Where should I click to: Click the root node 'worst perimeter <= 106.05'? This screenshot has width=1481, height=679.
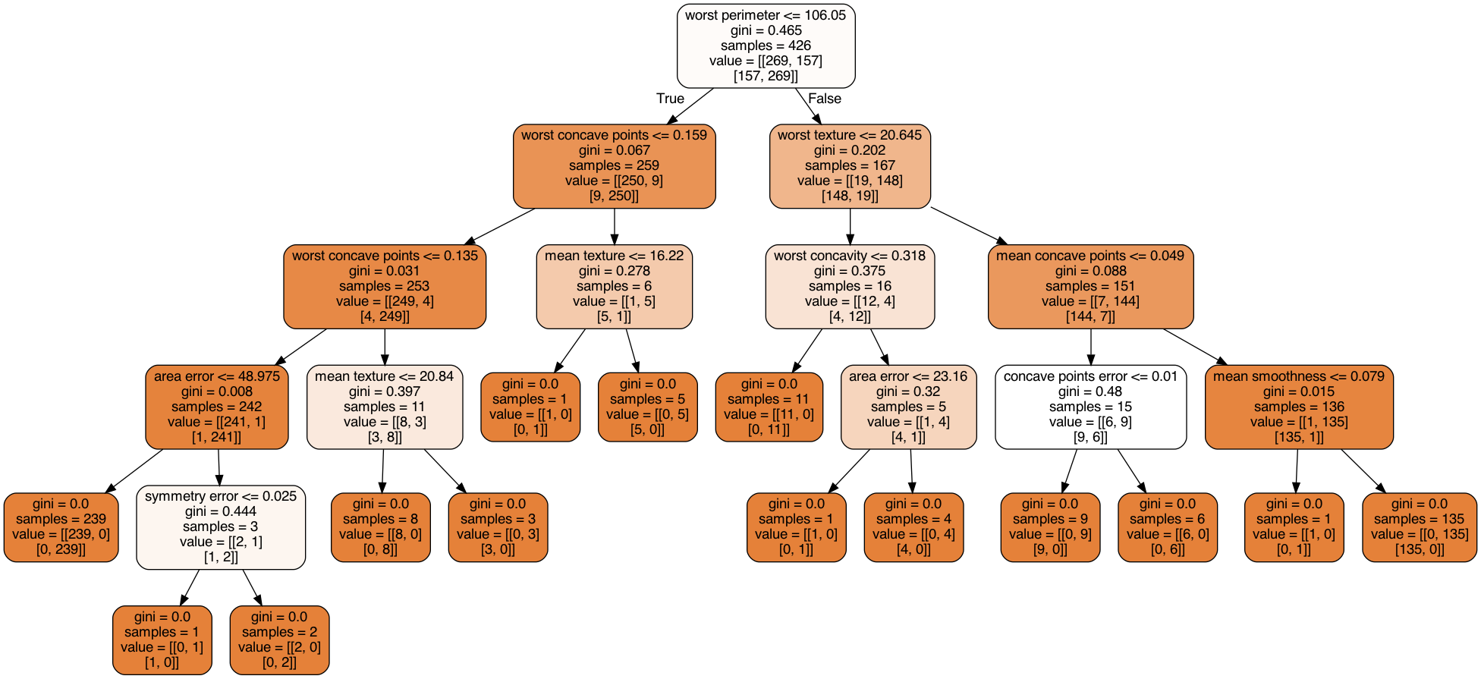(766, 46)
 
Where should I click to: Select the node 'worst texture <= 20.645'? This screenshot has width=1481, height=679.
(850, 165)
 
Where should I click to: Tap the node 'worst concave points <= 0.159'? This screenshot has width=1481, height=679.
(614, 165)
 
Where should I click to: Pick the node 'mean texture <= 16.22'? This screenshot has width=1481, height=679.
(614, 286)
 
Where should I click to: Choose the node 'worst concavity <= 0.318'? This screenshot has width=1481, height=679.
(850, 286)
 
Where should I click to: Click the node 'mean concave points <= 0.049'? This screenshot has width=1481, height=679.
(1090, 286)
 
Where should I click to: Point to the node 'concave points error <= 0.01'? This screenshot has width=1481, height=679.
(1090, 407)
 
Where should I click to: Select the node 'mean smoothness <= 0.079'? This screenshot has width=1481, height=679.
(1299, 407)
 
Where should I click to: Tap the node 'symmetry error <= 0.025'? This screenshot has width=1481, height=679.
(221, 527)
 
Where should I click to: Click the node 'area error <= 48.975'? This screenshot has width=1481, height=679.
(217, 407)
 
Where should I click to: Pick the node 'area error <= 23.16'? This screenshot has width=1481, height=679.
(908, 407)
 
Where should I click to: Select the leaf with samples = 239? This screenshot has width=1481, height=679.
(61, 527)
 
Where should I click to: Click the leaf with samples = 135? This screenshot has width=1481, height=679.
(1420, 527)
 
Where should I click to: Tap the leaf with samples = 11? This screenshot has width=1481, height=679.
(769, 407)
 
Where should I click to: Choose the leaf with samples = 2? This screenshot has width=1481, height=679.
(279, 640)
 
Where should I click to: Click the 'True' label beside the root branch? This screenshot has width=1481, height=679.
(670, 99)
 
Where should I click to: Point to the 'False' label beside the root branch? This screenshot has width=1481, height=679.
(825, 99)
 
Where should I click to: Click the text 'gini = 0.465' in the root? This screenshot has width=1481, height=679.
(766, 30)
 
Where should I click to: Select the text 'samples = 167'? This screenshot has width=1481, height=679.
(850, 165)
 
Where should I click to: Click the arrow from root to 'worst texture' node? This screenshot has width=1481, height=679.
(808, 105)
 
